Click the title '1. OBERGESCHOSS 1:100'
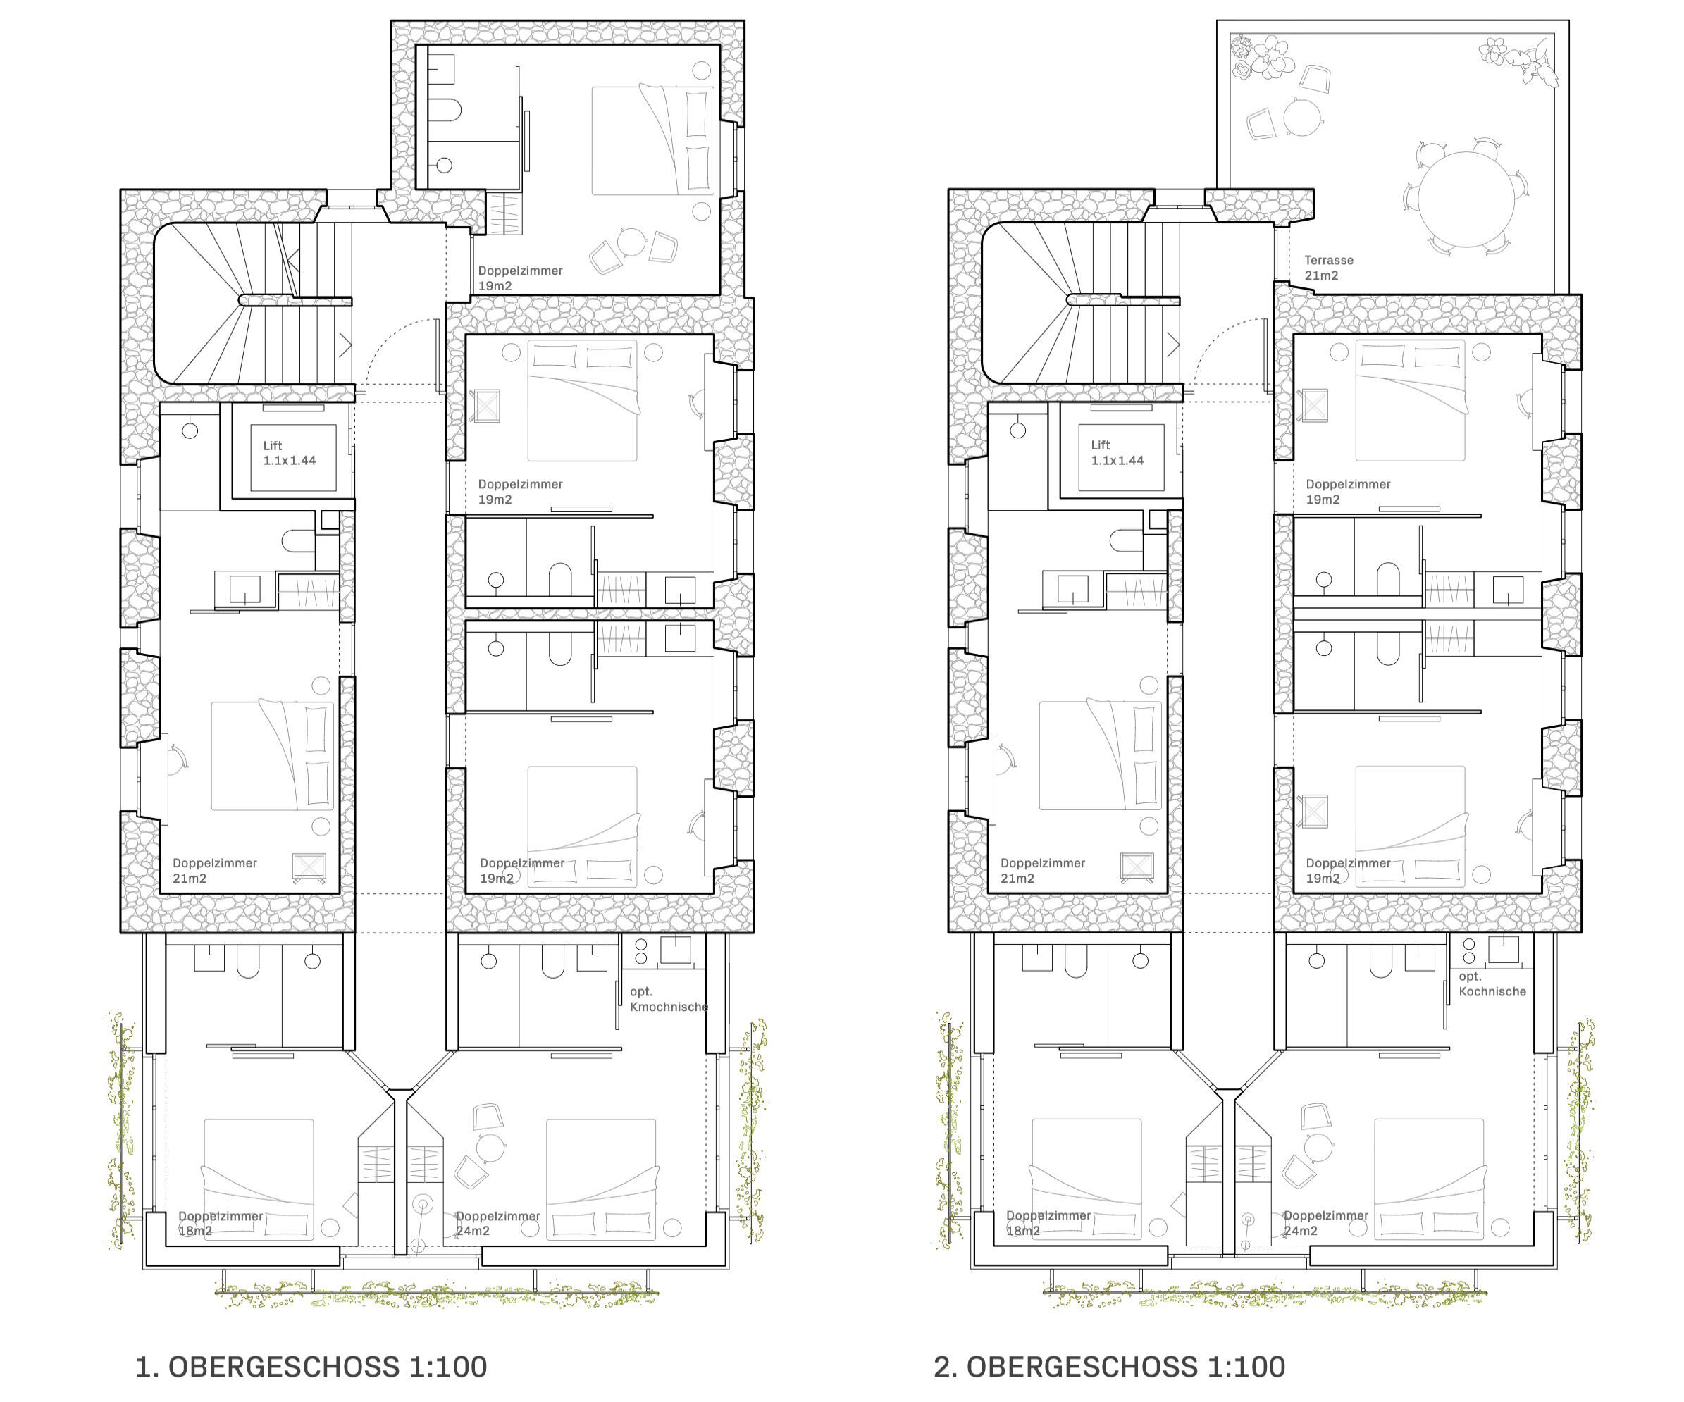pyautogui.click(x=311, y=1367)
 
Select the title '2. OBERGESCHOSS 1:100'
pyautogui.click(x=1110, y=1367)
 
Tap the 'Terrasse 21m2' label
pyautogui.click(x=1329, y=268)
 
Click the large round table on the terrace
pyautogui.click(x=1466, y=199)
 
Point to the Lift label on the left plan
pyautogui.click(x=290, y=453)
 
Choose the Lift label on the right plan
pyautogui.click(x=1117, y=453)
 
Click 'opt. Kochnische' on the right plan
pyautogui.click(x=1492, y=984)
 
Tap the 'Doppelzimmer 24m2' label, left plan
pyautogui.click(x=497, y=1223)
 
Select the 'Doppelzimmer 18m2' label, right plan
pyautogui.click(x=1048, y=1223)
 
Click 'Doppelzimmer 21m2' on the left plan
pyautogui.click(x=215, y=871)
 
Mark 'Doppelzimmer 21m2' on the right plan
pyautogui.click(x=1043, y=871)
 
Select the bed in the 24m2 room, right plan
pyautogui.click(x=1429, y=1179)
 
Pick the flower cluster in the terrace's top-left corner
pyautogui.click(x=1262, y=57)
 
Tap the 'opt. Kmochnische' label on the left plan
pyautogui.click(x=669, y=999)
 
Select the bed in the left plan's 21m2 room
pyautogui.click(x=273, y=756)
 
